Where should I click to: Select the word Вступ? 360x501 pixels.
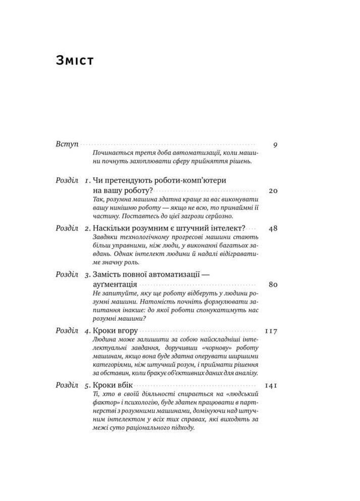(67, 144)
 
